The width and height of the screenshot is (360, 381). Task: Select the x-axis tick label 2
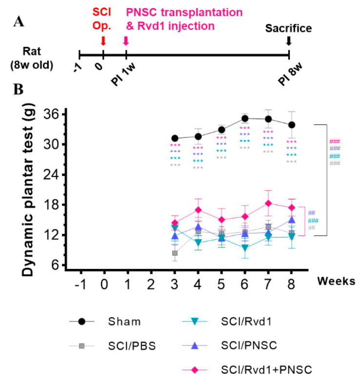151,283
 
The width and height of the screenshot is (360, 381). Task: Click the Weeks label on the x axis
332,282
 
